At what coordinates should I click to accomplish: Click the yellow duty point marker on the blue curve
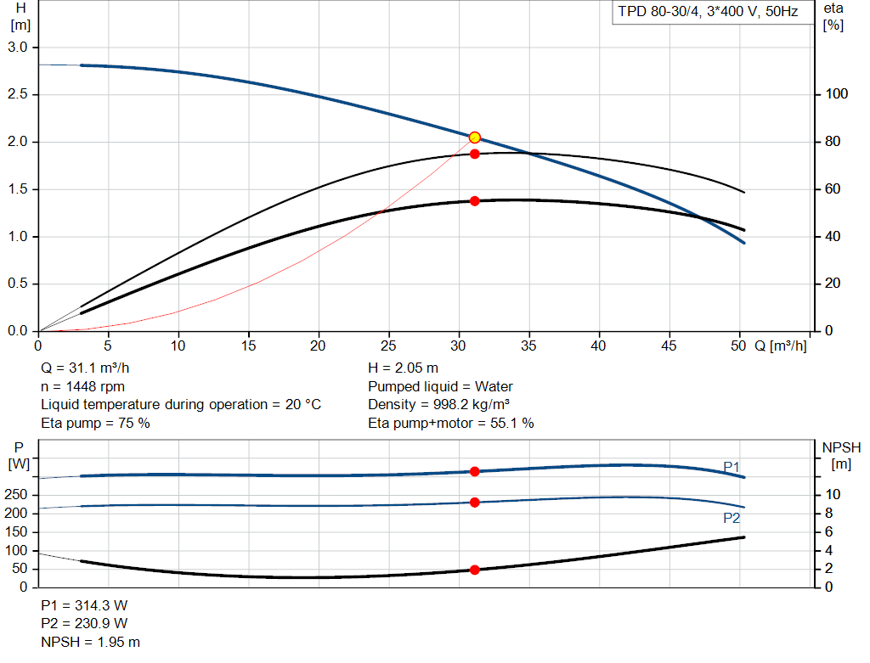pyautogui.click(x=475, y=138)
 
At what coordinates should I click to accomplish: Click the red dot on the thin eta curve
pyautogui.click(x=475, y=154)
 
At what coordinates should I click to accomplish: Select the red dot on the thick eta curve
pyautogui.click(x=475, y=201)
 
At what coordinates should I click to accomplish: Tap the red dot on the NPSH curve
pyautogui.click(x=475, y=570)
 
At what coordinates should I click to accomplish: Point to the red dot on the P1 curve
pyautogui.click(x=475, y=471)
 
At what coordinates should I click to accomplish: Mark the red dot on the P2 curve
pyautogui.click(x=475, y=503)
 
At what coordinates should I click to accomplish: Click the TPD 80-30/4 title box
pyautogui.click(x=708, y=13)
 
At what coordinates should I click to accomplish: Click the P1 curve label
pyautogui.click(x=732, y=467)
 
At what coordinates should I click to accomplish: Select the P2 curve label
pyautogui.click(x=732, y=518)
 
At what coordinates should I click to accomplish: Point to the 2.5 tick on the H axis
pyautogui.click(x=19, y=94)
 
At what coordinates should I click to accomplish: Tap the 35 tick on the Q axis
pyautogui.click(x=529, y=346)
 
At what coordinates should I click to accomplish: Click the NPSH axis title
pyautogui.click(x=841, y=447)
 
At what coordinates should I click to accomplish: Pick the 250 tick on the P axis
pyautogui.click(x=18, y=495)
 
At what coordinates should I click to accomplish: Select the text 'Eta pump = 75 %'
pyautogui.click(x=95, y=423)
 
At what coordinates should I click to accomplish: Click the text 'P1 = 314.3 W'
pyautogui.click(x=84, y=606)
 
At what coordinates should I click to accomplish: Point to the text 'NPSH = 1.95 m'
pyautogui.click(x=91, y=643)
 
